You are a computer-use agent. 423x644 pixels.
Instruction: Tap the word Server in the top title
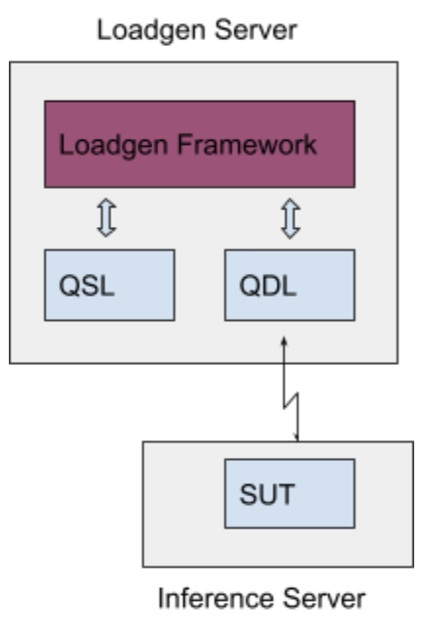pyautogui.click(x=256, y=30)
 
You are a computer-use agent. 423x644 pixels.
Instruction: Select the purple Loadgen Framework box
pyautogui.click(x=200, y=144)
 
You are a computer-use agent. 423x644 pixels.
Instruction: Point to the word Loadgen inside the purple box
pyautogui.click(x=114, y=146)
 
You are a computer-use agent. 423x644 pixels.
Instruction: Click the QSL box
pyautogui.click(x=110, y=285)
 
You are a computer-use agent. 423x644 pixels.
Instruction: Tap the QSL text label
pyautogui.click(x=87, y=286)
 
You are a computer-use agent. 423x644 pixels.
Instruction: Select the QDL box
pyautogui.click(x=290, y=285)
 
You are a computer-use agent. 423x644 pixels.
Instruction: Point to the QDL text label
pyautogui.click(x=267, y=286)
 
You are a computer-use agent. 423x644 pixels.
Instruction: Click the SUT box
pyautogui.click(x=290, y=493)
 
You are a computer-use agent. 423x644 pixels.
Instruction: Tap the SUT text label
pyautogui.click(x=267, y=494)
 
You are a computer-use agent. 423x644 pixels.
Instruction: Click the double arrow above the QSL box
pyautogui.click(x=107, y=217)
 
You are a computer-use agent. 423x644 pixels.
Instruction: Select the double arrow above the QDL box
pyautogui.click(x=291, y=218)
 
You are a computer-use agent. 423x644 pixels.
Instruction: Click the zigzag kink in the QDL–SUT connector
pyautogui.click(x=291, y=401)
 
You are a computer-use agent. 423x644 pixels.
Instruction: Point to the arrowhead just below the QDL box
pyautogui.click(x=284, y=342)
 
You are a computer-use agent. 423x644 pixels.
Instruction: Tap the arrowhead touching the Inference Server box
pyautogui.click(x=296, y=437)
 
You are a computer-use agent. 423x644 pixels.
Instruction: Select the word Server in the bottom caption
pyautogui.click(x=324, y=598)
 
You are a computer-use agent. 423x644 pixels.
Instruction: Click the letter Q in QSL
pyautogui.click(x=70, y=286)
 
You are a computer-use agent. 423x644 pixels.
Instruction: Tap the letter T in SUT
pyautogui.click(x=287, y=494)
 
